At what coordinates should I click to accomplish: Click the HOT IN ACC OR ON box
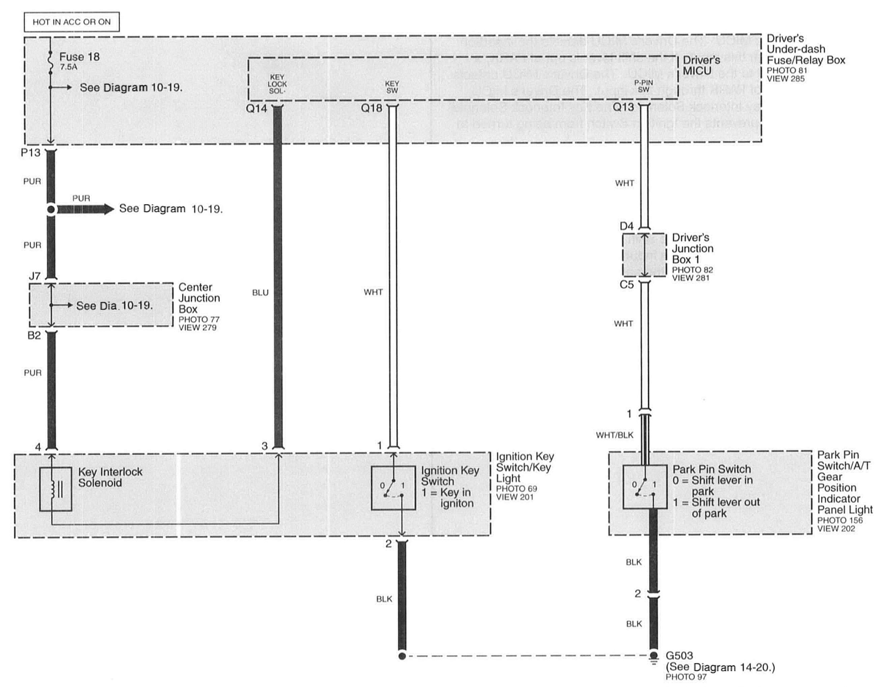72,22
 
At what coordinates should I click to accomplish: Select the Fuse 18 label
79,57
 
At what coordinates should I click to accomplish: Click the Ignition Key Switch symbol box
393,488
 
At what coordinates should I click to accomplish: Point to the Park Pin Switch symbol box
645,487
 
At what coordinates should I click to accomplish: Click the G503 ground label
679,656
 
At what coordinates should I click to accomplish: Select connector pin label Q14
257,108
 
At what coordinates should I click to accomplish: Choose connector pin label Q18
372,108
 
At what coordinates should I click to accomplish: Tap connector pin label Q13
623,107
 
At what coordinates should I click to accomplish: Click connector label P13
31,153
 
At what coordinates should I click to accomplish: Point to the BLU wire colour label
260,293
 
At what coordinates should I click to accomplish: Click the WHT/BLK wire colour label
614,435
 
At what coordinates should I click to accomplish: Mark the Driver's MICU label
701,65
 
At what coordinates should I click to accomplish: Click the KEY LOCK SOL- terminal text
277,84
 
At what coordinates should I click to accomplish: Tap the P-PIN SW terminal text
643,86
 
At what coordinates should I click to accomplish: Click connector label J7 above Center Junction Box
35,276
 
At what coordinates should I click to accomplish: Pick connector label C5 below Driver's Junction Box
626,285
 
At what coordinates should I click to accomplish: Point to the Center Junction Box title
199,298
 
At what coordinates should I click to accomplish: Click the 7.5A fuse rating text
68,67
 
